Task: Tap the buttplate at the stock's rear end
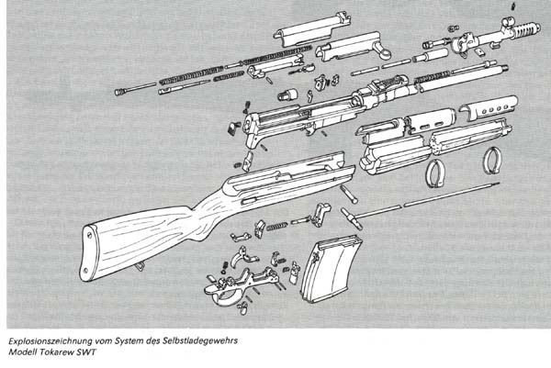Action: (x=88, y=252)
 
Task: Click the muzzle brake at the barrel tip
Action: (x=526, y=29)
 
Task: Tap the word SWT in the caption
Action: (x=85, y=352)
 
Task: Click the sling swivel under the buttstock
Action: (x=140, y=267)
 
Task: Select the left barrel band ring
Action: (x=435, y=173)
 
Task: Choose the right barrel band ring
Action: (x=491, y=161)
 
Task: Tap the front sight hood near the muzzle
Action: (x=508, y=23)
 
